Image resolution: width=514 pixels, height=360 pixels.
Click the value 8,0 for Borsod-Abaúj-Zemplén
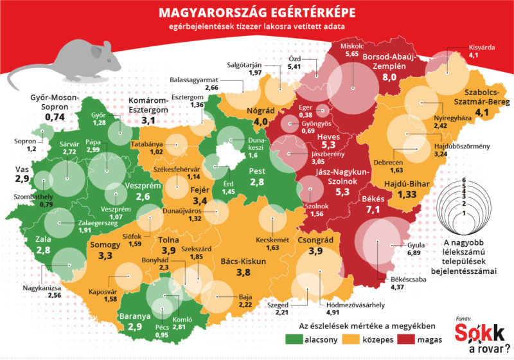[x=390, y=77]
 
